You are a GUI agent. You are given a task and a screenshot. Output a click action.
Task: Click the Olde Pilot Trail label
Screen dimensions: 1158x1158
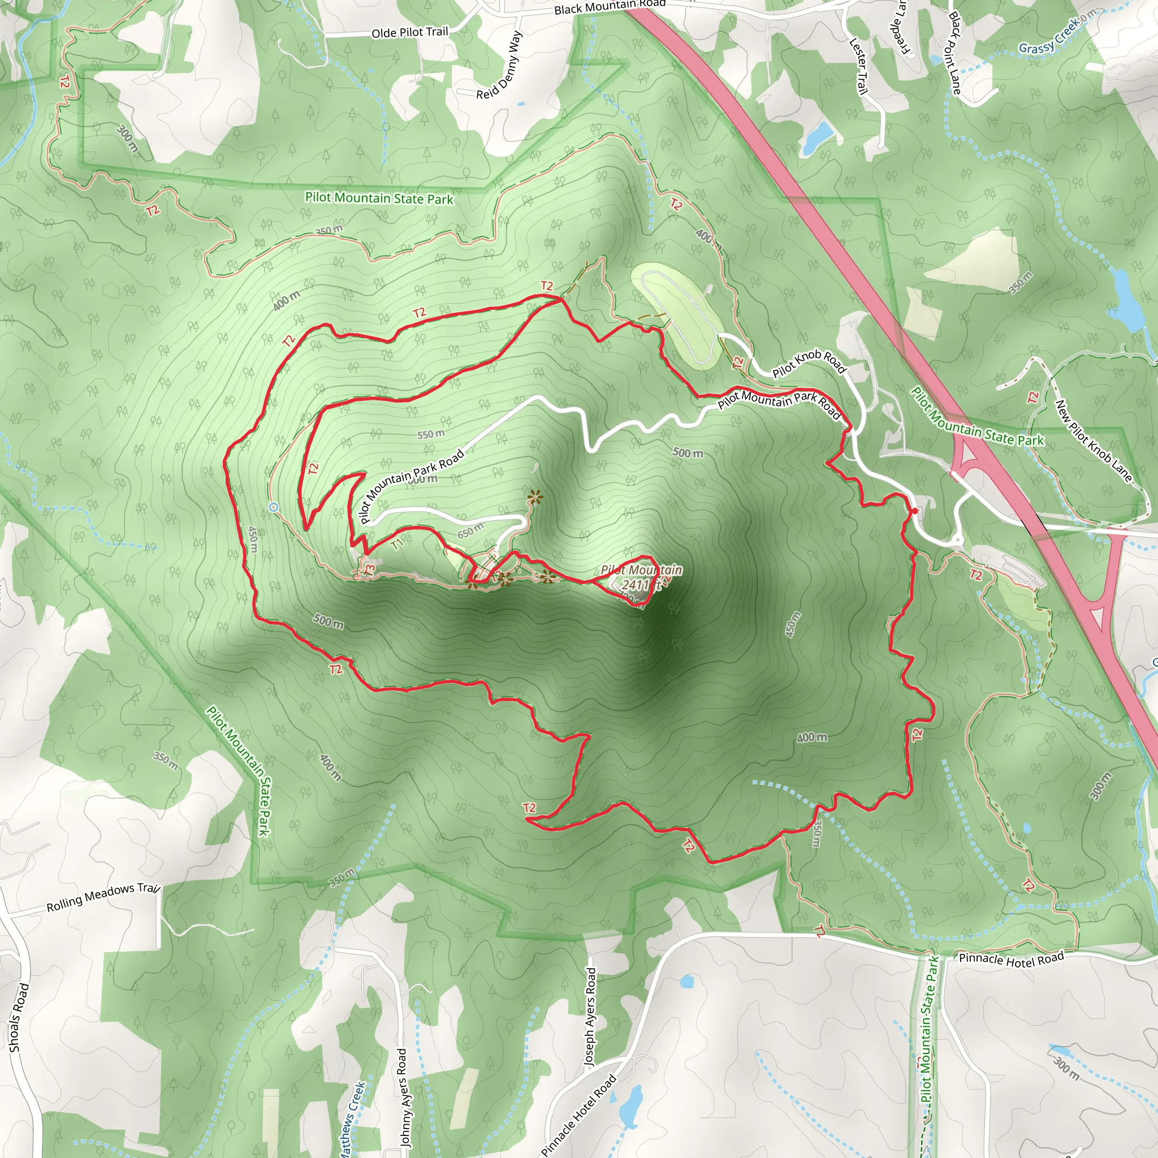(409, 32)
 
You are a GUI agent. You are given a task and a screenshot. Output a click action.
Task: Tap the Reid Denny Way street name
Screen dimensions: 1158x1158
(499, 66)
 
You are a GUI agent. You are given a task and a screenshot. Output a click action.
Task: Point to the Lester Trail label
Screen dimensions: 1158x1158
(858, 66)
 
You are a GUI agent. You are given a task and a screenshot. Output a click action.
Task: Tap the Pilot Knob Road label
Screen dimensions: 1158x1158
(809, 362)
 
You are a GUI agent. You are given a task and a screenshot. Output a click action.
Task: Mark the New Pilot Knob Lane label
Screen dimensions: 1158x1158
(1094, 440)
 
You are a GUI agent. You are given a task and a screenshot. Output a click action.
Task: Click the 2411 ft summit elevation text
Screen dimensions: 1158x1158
(640, 585)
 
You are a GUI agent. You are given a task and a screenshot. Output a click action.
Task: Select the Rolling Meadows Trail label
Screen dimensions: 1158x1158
(103, 897)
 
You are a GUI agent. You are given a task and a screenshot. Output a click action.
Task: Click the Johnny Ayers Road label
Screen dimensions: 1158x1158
(402, 1096)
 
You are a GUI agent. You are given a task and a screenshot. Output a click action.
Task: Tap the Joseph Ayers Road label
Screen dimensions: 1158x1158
(590, 1016)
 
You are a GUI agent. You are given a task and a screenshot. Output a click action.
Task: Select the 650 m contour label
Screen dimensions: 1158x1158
(470, 530)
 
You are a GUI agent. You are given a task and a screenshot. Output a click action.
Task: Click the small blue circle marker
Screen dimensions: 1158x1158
(274, 507)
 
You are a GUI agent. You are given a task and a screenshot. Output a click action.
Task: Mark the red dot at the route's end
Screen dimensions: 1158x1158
(914, 511)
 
